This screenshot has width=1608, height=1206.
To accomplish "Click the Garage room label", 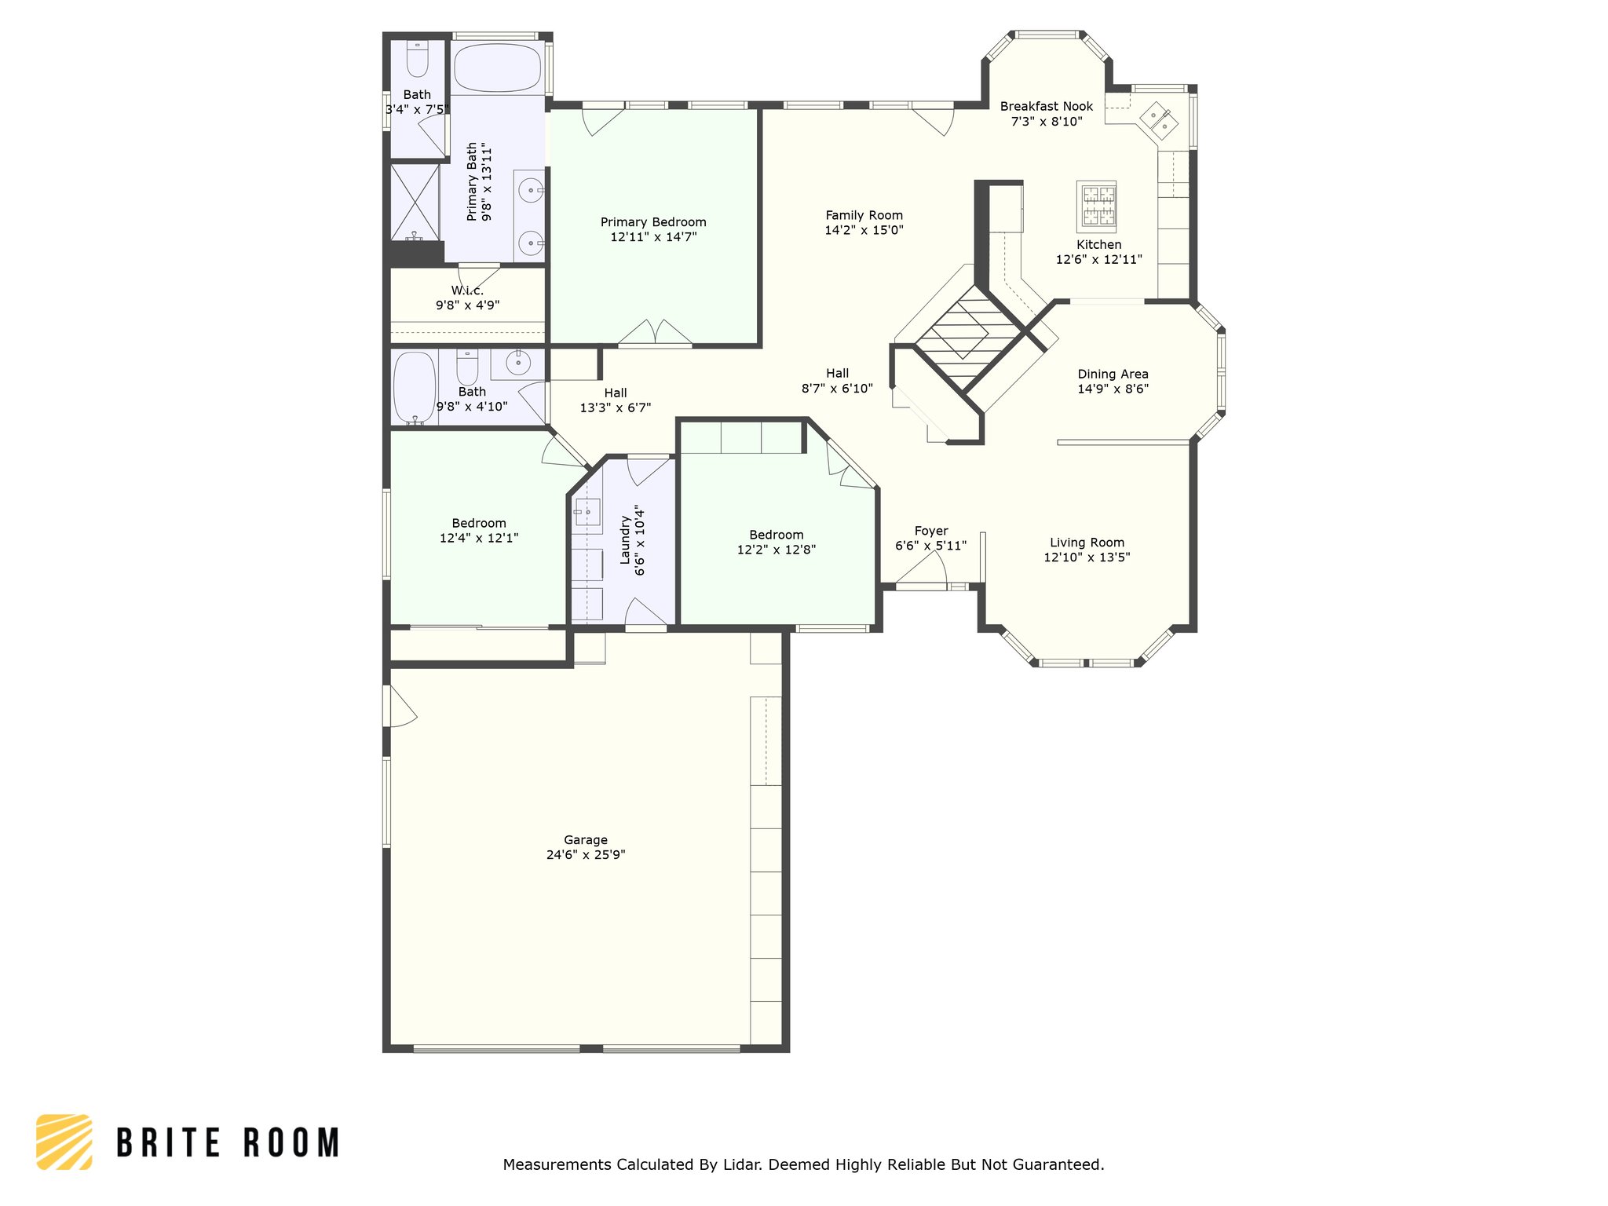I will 585,840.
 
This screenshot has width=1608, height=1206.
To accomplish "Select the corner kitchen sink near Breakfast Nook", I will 1159,120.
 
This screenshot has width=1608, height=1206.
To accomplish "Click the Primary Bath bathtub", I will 498,68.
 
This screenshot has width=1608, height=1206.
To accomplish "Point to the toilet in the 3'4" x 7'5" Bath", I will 417,60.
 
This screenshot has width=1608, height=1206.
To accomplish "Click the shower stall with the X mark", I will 415,202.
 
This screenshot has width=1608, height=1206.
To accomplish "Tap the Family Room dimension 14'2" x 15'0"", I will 864,230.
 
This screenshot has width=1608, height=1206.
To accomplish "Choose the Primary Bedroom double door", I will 655,333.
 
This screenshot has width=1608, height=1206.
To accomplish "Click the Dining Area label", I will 1113,374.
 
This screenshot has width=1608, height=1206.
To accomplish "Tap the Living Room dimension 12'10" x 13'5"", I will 1087,557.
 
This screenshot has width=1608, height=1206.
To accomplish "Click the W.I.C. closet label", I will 467,291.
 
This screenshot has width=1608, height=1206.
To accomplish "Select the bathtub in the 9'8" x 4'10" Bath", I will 414,387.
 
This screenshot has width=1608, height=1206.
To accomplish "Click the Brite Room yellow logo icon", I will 64,1142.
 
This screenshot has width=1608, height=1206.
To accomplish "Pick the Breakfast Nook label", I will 1046,106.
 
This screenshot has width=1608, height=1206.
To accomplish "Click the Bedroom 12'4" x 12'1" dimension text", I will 478,538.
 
